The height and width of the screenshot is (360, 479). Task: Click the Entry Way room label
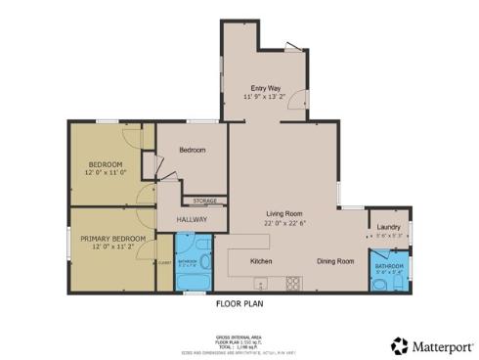point(266,88)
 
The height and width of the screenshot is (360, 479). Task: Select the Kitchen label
point(261,262)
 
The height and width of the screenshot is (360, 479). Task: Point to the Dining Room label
point(335,262)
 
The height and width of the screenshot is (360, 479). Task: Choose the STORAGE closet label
point(204,201)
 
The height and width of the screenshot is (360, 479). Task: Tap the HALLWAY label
point(192,220)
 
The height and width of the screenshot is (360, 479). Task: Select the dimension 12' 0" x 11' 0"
point(106,173)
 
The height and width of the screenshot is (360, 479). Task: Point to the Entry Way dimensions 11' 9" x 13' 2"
point(266,98)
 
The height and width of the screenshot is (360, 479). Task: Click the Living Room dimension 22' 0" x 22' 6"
point(285,222)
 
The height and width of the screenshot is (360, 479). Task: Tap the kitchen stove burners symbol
point(291,283)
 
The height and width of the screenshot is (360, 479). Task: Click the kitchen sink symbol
point(259,285)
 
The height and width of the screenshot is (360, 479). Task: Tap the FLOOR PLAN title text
point(239,304)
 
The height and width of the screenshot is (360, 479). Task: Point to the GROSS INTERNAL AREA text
point(239,334)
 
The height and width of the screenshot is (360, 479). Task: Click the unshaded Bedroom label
point(193,150)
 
